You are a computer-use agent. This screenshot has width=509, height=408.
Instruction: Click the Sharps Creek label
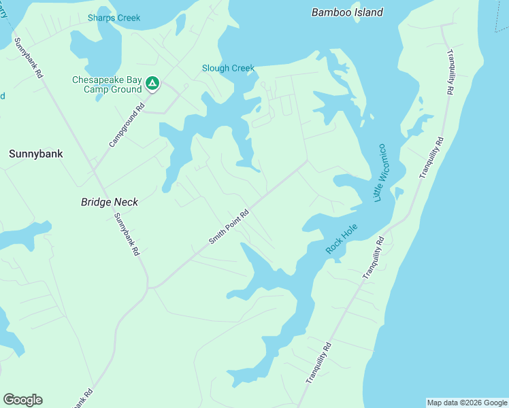pos(114,18)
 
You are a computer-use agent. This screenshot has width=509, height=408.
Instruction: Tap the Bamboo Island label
pos(347,12)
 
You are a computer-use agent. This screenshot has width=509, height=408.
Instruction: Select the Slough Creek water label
pos(228,68)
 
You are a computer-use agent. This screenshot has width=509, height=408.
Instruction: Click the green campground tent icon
pos(152,84)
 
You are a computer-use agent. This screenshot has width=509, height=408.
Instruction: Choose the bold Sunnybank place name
pos(36,154)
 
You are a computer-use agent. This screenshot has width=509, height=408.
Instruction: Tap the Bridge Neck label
pos(110,202)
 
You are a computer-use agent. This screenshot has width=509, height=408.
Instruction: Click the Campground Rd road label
pos(127,126)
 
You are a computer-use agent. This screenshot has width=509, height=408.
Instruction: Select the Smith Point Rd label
pos(229,226)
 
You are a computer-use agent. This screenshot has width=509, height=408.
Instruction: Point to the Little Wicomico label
pos(380,172)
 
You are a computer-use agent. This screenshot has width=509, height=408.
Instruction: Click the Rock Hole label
pos(341,240)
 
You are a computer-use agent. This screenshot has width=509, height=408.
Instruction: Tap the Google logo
pos(22,400)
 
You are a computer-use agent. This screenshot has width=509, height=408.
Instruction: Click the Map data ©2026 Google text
pos(467,403)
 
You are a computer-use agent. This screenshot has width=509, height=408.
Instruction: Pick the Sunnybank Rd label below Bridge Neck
pos(127,234)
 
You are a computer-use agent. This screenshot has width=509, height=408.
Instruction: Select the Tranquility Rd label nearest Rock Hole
pos(374,258)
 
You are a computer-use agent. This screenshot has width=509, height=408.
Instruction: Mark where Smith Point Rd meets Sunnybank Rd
pos(149,288)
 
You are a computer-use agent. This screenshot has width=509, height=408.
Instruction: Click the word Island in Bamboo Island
pos(367,12)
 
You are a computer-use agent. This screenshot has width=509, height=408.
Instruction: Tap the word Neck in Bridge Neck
pos(126,202)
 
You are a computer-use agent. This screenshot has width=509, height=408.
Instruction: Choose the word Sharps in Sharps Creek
pos(101,18)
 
